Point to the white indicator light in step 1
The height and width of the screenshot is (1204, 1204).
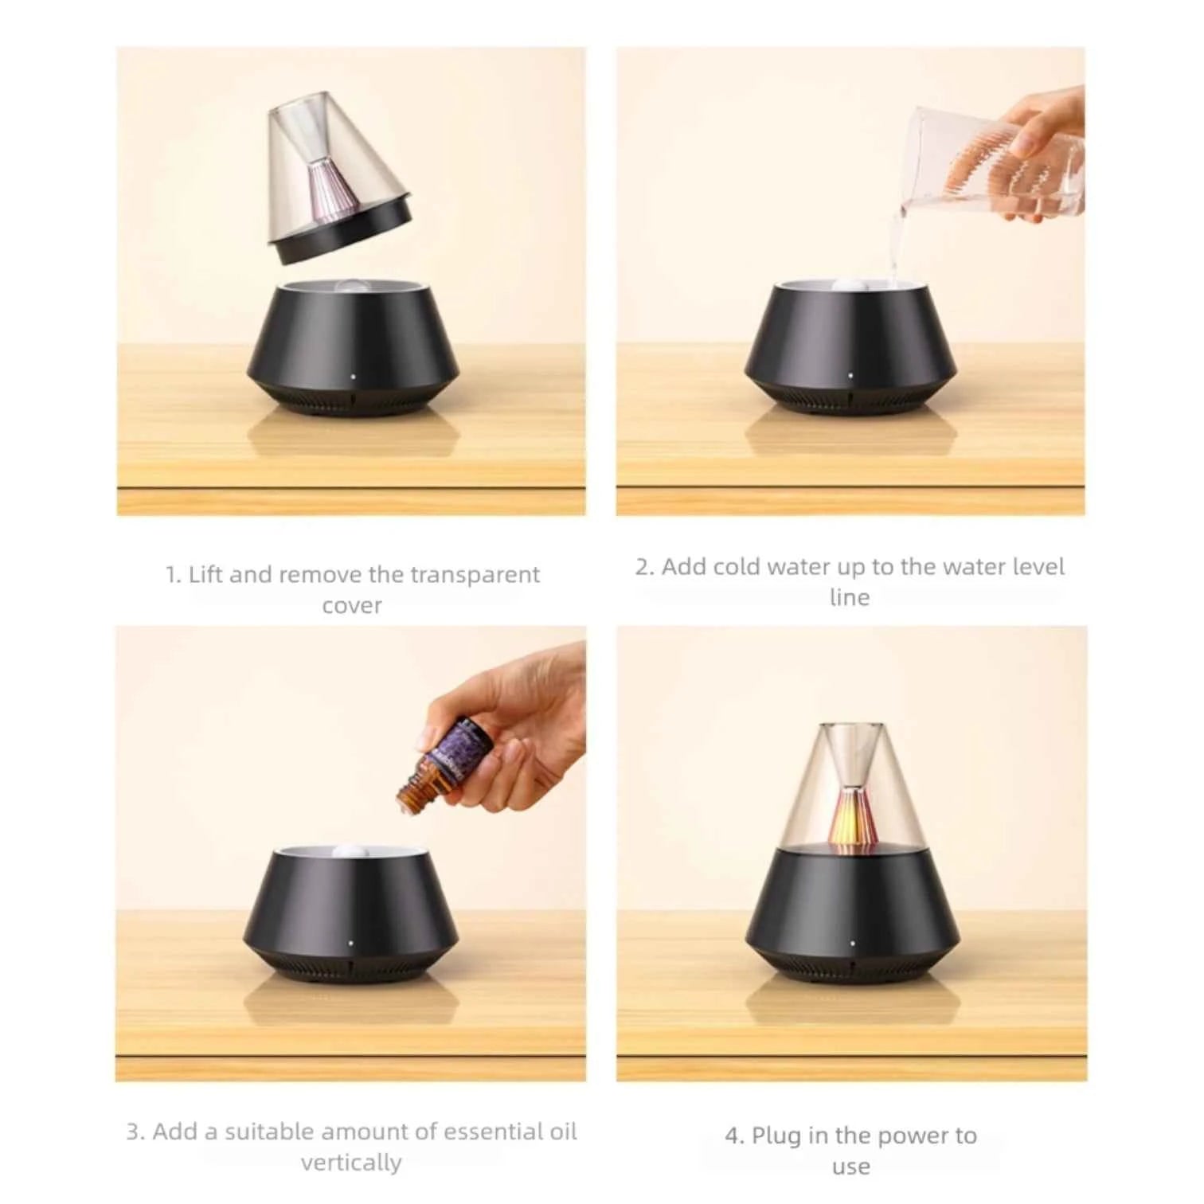click(352, 372)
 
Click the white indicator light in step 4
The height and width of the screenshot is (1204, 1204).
click(852, 944)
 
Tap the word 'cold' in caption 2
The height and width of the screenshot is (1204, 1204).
click(738, 567)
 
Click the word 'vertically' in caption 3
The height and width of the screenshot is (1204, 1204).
click(351, 1163)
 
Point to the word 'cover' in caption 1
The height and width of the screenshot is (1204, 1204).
click(351, 606)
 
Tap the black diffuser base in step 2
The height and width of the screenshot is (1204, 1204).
click(850, 350)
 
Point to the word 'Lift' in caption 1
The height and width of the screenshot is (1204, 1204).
click(205, 575)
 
